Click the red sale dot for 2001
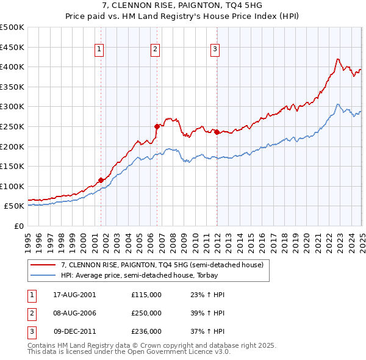pos(101,179)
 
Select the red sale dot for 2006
pos(157,126)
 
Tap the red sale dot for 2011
pos(217,131)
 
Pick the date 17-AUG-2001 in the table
pos(74,294)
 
